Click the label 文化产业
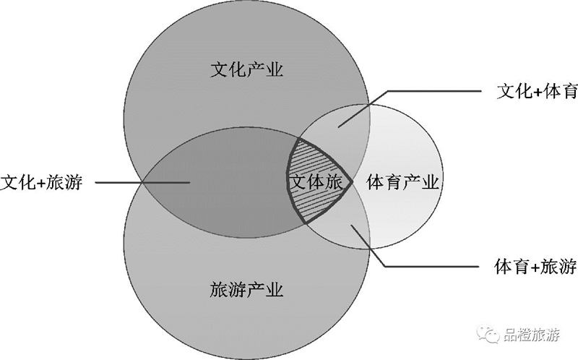[x=246, y=69]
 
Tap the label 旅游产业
[x=246, y=290]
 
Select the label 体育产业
[x=402, y=182]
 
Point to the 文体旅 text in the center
[x=316, y=182]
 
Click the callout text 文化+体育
[x=537, y=91]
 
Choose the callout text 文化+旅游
[x=41, y=182]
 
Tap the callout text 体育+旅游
[x=535, y=266]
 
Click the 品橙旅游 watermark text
[x=531, y=335]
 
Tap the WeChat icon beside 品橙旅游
[x=488, y=334]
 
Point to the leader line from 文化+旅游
[x=142, y=182]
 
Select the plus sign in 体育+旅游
[x=535, y=267]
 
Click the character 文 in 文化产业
[x=220, y=69]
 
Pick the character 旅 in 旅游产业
[x=219, y=290]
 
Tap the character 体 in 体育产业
[x=375, y=182]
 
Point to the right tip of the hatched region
[x=353, y=181]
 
